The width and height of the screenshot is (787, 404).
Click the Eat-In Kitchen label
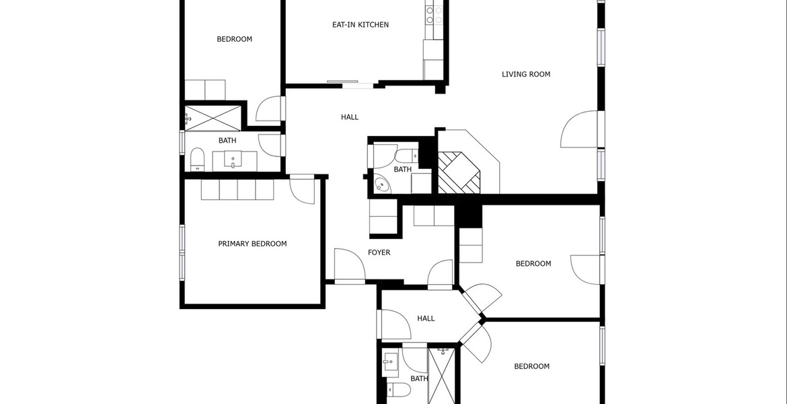tap(361, 25)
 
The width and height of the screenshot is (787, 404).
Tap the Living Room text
tap(526, 74)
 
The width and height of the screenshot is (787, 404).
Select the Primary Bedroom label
tap(252, 244)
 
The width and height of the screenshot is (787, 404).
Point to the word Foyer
tap(379, 252)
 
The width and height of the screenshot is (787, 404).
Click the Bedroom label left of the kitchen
tap(234, 39)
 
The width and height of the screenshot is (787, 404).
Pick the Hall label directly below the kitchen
tap(350, 117)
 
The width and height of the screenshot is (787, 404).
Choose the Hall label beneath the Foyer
tap(426, 318)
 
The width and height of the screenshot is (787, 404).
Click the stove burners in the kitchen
tap(434, 15)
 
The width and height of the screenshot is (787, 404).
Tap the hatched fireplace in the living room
tap(459, 172)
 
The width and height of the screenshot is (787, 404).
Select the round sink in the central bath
tap(383, 185)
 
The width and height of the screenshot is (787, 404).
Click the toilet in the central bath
tap(406, 155)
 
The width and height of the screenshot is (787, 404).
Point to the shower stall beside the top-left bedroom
tap(213, 118)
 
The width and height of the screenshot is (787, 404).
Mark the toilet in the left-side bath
tap(197, 160)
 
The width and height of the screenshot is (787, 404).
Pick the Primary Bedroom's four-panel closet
tap(237, 190)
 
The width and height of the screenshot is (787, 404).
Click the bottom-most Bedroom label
tap(531, 366)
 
